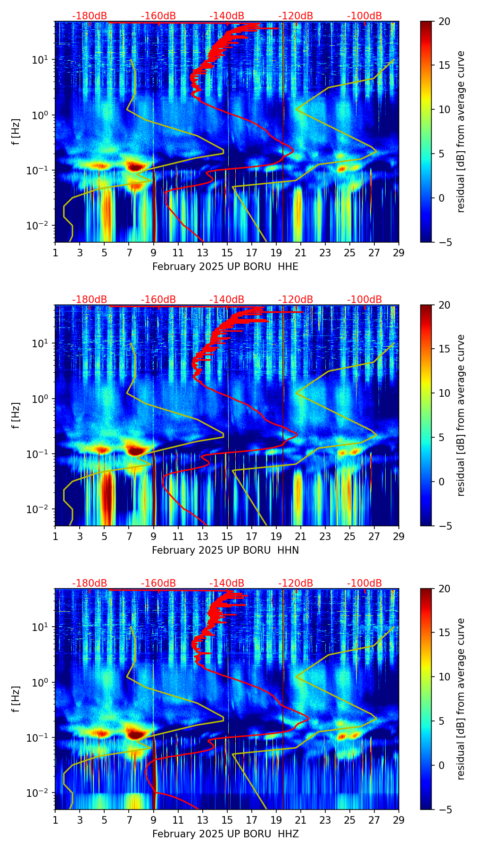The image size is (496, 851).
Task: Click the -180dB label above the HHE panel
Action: point(90,16)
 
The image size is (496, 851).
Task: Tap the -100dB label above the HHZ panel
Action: point(364,583)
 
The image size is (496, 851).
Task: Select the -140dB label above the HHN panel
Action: point(227,300)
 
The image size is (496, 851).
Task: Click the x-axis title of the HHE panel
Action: point(225,267)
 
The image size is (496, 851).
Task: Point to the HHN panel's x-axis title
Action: point(225,550)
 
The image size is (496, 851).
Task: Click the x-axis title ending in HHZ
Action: point(225,834)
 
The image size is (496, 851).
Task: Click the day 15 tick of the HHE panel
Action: point(227,253)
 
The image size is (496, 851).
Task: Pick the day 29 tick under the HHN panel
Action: point(399,536)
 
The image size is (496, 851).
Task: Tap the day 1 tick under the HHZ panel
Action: point(55,820)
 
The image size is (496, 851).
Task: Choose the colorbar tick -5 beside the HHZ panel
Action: point(443,810)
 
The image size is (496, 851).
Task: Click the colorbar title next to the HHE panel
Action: point(461,131)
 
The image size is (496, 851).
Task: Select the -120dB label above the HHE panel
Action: point(296,16)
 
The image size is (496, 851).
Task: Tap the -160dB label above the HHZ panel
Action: point(158,583)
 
